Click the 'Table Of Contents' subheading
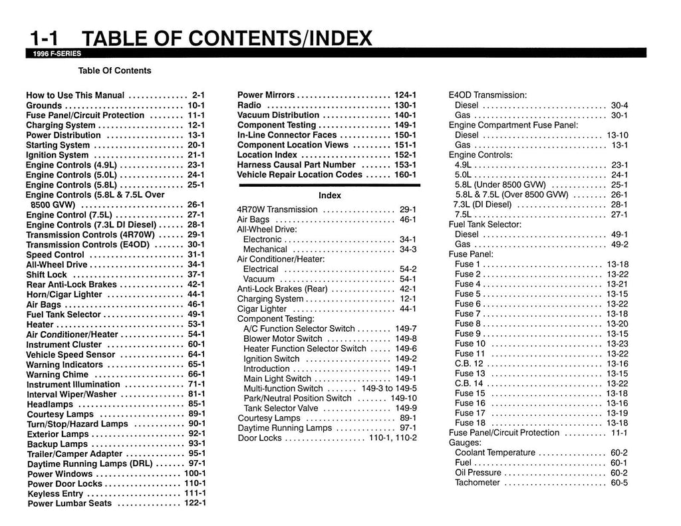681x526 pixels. coord(114,70)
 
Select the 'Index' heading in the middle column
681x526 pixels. coord(330,196)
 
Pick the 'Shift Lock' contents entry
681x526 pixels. coord(47,275)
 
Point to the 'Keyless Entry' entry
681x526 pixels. coord(55,493)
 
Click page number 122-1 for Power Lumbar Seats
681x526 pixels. coord(195,503)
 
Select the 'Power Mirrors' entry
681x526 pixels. coord(266,95)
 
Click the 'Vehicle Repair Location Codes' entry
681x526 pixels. coord(300,174)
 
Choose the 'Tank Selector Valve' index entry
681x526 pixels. coord(281,408)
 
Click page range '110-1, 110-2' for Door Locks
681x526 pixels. coord(393,438)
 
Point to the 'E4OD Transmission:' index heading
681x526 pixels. coord(487,95)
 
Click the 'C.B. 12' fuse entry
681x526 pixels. coord(469,364)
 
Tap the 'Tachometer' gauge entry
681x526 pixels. coord(477,483)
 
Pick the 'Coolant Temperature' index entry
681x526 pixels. coord(495,453)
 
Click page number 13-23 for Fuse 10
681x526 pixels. coord(617,344)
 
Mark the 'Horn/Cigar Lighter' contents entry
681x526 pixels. coord(65,295)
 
